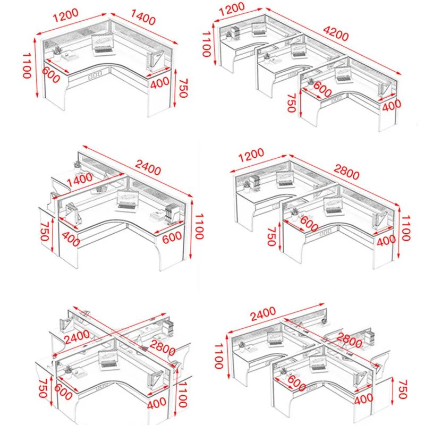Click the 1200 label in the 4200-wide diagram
click(x=231, y=7)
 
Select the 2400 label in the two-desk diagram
click(x=147, y=169)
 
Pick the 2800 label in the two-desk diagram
click(x=346, y=175)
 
